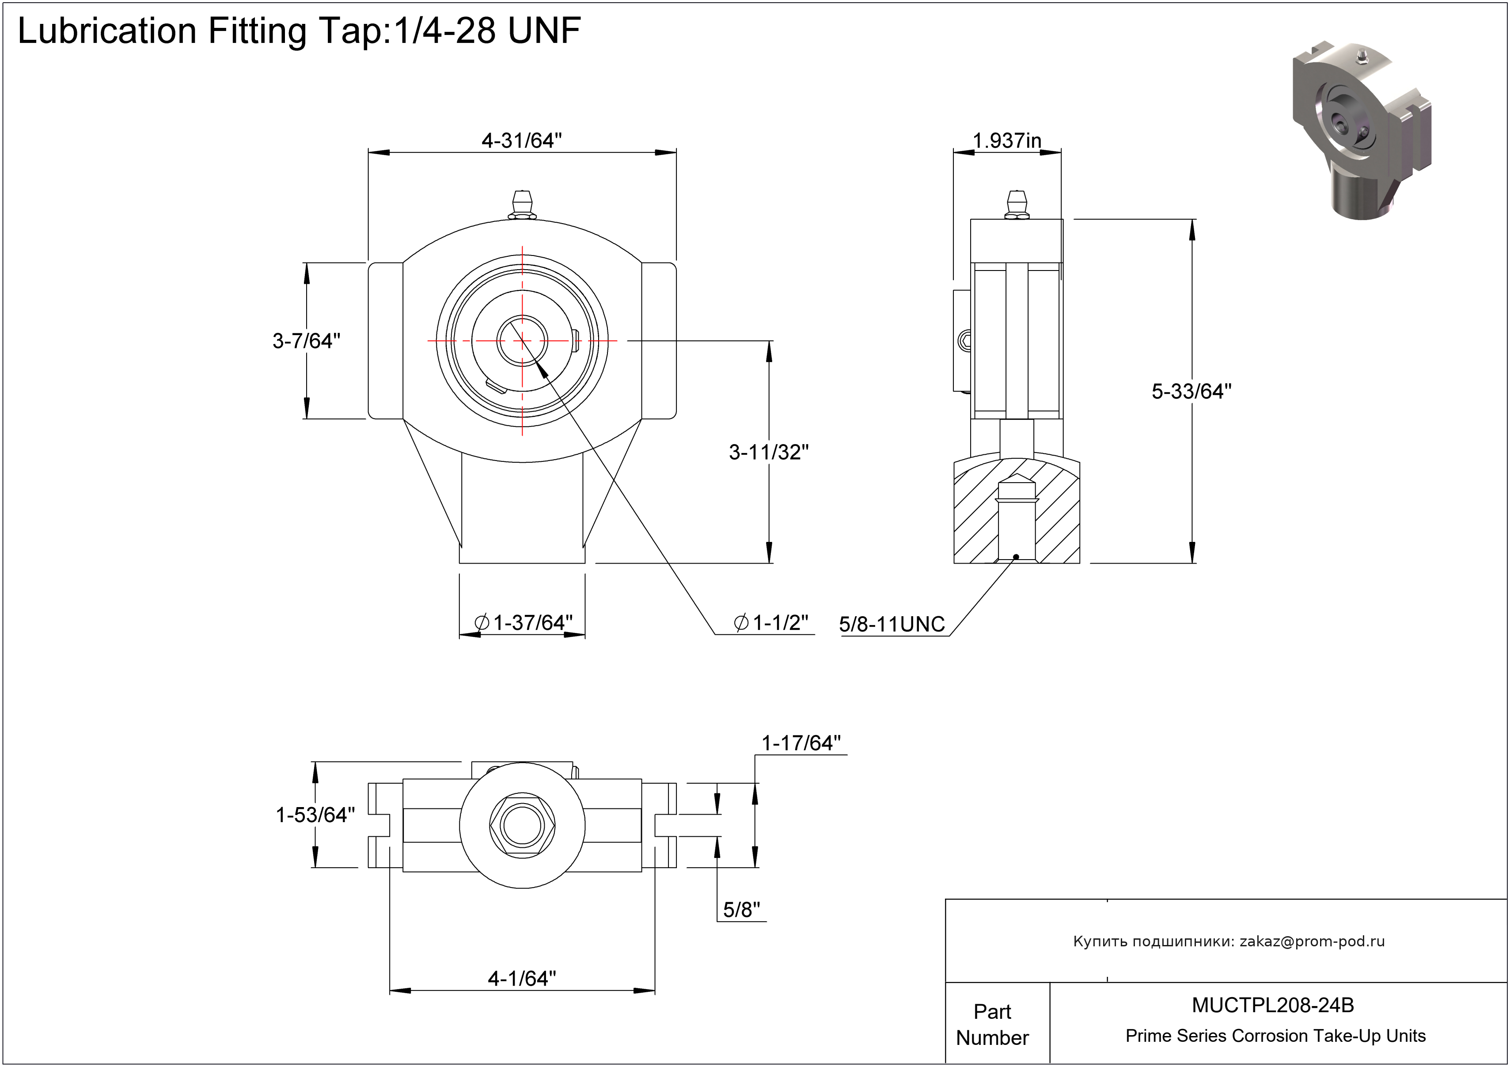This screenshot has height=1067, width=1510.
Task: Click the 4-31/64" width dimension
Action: point(522,140)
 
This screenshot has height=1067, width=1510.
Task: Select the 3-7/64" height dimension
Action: point(307,341)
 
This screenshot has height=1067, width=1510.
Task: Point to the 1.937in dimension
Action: point(1006,140)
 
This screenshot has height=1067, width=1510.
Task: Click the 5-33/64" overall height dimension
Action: point(1191,392)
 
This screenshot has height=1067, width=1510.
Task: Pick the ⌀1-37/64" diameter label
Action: point(524,622)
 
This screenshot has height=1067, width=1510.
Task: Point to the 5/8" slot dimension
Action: point(741,910)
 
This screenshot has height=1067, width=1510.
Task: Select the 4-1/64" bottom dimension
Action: point(522,978)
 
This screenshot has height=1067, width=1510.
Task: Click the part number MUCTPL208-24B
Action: point(1273,1005)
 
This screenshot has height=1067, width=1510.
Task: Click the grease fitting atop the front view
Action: point(522,204)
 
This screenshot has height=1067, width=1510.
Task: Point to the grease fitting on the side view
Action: point(1017,204)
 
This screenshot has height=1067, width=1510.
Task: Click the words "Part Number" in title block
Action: point(992,1024)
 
